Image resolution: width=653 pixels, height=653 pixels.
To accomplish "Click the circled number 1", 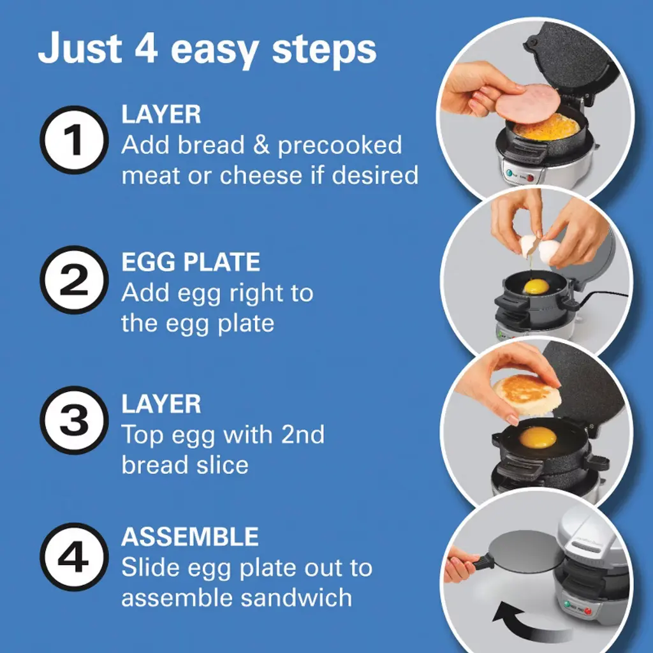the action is [x=74, y=140].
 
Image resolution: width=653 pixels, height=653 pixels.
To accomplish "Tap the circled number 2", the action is [x=74, y=280].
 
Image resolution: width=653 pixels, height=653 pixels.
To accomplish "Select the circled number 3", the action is [x=74, y=420].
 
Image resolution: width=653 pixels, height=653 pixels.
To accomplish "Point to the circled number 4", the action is [x=74, y=557].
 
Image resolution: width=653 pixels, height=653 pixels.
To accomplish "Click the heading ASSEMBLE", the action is [x=190, y=536].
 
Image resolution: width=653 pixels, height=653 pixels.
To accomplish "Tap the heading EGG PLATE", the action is [x=191, y=262].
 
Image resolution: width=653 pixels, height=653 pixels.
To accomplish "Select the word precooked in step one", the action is [x=340, y=146].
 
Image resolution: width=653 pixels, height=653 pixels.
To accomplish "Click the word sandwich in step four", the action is [x=296, y=598].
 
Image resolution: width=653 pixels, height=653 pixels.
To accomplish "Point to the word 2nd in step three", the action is [x=303, y=434].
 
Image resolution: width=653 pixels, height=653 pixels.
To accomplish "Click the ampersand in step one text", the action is [x=261, y=145].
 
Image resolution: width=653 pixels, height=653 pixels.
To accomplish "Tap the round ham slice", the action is [x=527, y=103].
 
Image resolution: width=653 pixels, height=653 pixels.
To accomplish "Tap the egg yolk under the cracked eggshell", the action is [x=536, y=286].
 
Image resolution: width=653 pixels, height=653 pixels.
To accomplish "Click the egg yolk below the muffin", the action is [x=538, y=437].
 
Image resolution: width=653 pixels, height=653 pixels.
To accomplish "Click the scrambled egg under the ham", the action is [x=547, y=126].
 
